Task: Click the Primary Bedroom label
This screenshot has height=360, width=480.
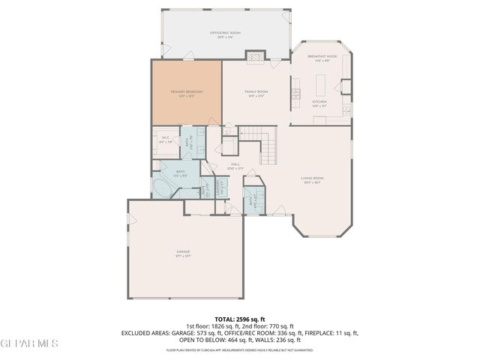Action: [x=187, y=91]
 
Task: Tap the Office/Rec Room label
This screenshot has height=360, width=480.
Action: [x=225, y=34]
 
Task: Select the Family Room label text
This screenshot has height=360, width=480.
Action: [x=256, y=91]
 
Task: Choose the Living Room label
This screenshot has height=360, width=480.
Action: [x=311, y=178]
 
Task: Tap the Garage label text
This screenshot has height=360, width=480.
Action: [x=183, y=252]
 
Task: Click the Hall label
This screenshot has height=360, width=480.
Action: [x=235, y=165]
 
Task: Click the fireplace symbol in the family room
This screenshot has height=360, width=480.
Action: [x=256, y=55]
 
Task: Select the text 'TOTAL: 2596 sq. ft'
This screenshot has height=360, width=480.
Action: [x=239, y=319]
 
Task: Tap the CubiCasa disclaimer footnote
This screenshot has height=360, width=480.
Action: [x=239, y=349]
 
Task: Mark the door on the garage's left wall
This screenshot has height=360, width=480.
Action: [x=130, y=218]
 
